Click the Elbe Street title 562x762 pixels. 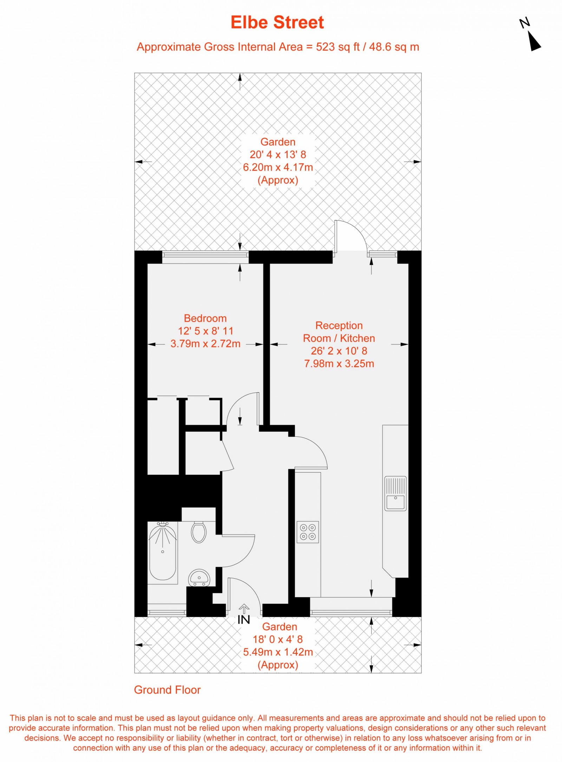click(x=277, y=22)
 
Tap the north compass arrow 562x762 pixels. click(x=535, y=41)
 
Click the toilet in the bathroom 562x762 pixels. click(x=199, y=532)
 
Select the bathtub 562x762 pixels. click(x=162, y=552)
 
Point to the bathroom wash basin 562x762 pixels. click(x=199, y=578)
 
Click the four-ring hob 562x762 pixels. click(x=308, y=532)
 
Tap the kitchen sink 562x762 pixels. click(x=396, y=494)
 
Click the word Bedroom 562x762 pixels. click(x=205, y=318)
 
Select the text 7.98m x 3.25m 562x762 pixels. click(x=339, y=364)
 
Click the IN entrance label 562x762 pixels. click(x=244, y=620)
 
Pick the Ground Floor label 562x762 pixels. click(x=167, y=690)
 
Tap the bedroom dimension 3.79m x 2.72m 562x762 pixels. click(x=205, y=344)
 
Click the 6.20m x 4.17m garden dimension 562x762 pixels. click(x=278, y=167)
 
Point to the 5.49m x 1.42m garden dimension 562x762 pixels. click(x=278, y=652)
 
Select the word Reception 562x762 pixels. click(x=339, y=326)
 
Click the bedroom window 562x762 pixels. click(x=205, y=257)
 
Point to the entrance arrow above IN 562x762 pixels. click(x=244, y=609)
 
